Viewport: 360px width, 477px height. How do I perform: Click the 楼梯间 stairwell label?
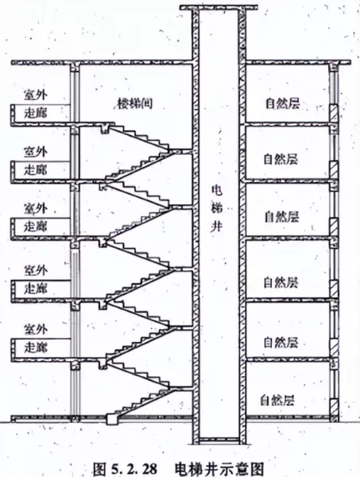135,103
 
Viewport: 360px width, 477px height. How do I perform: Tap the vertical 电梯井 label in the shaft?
217,208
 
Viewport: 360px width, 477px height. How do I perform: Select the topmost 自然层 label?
282,103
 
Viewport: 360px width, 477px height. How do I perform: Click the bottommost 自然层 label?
277,400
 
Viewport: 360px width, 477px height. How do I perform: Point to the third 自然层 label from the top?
281,216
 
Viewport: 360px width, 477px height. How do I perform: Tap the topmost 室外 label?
36,95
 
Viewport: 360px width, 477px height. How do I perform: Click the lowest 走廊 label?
36,347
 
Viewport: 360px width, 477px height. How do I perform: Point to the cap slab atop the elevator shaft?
219,7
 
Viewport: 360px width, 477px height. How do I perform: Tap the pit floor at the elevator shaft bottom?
219,440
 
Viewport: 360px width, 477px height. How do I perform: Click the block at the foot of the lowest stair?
112,420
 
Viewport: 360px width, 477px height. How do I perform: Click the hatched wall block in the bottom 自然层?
334,407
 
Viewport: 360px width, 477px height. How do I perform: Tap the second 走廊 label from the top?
36,169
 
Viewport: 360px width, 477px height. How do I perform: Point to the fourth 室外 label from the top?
36,270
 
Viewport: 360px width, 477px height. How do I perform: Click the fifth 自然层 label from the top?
281,342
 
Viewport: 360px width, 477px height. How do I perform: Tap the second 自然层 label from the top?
281,160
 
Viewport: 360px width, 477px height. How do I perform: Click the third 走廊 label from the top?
36,227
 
